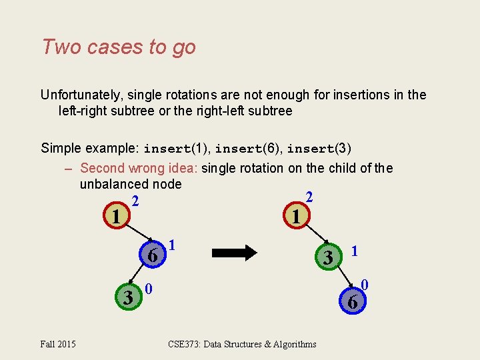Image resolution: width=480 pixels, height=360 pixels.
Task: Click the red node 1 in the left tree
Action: click(x=116, y=217)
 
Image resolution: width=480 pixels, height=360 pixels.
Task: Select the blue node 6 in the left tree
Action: click(x=153, y=255)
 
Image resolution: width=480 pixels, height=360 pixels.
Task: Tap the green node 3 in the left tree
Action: click(x=127, y=297)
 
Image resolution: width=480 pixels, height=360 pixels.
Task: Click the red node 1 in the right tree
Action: click(x=295, y=216)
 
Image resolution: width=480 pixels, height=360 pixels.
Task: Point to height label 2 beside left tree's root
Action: click(x=135, y=201)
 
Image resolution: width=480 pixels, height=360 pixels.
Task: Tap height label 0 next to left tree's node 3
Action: click(x=149, y=289)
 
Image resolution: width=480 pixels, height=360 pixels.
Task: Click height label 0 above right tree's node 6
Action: click(x=365, y=285)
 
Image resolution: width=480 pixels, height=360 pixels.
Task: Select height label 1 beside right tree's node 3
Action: click(x=355, y=251)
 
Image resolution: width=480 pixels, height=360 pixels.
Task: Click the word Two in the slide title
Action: click(x=57, y=47)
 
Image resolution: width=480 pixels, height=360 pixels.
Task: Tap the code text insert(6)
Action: click(x=245, y=148)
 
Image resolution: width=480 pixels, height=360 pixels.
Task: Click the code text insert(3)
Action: click(x=319, y=148)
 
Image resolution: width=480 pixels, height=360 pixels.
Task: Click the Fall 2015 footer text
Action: click(x=58, y=344)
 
